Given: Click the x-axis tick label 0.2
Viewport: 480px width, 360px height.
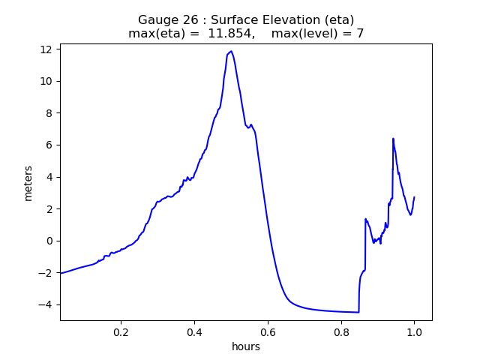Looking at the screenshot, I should (x=121, y=331).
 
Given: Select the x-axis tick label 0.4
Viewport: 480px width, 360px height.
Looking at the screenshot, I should (x=194, y=331).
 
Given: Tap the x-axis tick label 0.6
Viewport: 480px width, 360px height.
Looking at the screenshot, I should (x=268, y=331).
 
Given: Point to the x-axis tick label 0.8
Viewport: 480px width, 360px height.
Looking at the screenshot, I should (x=341, y=331).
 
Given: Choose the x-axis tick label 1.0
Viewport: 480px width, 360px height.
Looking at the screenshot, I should (x=414, y=331).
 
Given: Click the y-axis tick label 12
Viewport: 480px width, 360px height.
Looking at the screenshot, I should (x=46, y=49).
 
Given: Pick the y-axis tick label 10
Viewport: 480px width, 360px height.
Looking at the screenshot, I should (x=46, y=81).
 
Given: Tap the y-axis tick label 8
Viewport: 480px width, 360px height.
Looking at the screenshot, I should (x=49, y=113).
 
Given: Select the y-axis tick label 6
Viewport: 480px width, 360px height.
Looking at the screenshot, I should (x=49, y=145).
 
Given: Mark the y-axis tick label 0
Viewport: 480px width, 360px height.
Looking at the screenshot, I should (x=49, y=241).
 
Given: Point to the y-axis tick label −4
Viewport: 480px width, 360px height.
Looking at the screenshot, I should (x=46, y=304).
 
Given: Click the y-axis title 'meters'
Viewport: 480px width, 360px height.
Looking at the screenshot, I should (x=28, y=183).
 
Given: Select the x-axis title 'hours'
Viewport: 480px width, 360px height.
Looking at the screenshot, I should (x=246, y=346).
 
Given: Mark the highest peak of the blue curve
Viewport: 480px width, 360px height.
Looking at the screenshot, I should (x=231, y=51).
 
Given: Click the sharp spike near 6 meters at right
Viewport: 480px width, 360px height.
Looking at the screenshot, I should (x=393, y=139).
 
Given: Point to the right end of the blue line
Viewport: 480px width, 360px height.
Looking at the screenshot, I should (x=414, y=197).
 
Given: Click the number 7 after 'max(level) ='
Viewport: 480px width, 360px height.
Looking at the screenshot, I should (x=360, y=34).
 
